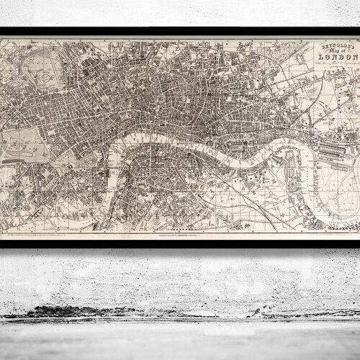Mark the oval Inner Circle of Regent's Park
pyautogui.click(x=45, y=75)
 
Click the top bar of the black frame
pyautogui.click(x=180, y=32)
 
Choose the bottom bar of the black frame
pyautogui.click(x=180, y=243)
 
